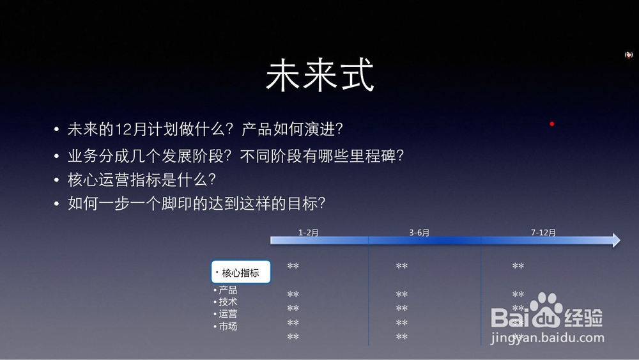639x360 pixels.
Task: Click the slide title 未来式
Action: click(x=320, y=75)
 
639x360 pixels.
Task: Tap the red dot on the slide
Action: click(x=552, y=123)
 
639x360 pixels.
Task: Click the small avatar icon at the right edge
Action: click(x=629, y=54)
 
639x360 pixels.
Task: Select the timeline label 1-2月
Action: click(x=309, y=232)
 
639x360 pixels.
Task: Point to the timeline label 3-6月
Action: click(x=419, y=232)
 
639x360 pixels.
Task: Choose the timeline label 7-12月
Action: click(x=543, y=232)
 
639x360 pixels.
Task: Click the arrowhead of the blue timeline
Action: click(x=616, y=240)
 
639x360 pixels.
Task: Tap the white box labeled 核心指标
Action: click(x=241, y=272)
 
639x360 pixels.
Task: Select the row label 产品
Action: click(x=228, y=290)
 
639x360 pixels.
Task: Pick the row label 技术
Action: click(x=228, y=302)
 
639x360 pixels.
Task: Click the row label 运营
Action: click(x=228, y=313)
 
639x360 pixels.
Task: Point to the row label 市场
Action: click(x=228, y=326)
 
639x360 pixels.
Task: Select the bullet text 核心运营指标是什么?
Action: click(x=142, y=180)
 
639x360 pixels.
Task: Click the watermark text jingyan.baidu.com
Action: click(x=548, y=338)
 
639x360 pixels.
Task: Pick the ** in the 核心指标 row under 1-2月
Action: click(x=293, y=266)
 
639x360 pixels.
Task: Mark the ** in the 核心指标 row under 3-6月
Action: click(x=402, y=266)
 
